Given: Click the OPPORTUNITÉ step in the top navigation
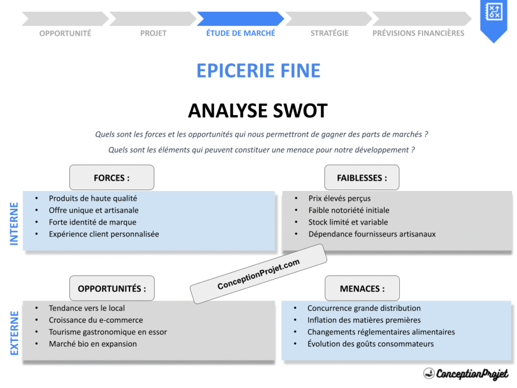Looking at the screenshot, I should [65, 33].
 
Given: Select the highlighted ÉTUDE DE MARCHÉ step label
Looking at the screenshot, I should [240, 33].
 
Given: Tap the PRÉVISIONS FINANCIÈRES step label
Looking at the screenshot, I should [418, 33].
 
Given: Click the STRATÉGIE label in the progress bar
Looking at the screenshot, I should [329, 33].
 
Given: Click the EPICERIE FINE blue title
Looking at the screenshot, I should [258, 71].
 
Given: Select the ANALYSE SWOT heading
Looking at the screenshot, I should [257, 111].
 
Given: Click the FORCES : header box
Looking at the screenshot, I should [112, 178].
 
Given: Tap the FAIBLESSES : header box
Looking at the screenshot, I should [361, 178].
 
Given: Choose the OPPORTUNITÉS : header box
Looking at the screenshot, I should [112, 288].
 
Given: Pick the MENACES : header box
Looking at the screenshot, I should [361, 288].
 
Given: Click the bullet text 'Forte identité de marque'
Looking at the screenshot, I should [92, 222].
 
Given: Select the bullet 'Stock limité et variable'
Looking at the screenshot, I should [348, 222].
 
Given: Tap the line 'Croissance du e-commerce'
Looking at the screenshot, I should [95, 320].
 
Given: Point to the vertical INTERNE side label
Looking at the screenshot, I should [14, 224].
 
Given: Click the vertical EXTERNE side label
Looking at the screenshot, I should [14, 333].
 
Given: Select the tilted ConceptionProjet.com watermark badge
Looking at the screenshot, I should [258, 274].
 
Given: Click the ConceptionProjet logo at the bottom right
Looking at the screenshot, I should [466, 374].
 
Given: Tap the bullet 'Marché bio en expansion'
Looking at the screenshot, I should [92, 344].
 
